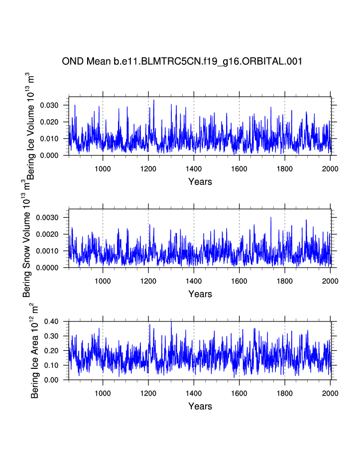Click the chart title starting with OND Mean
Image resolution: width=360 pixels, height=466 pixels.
tap(182, 61)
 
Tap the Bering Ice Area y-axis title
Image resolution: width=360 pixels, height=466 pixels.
tap(34, 350)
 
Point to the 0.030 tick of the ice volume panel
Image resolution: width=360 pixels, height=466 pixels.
tap(50, 105)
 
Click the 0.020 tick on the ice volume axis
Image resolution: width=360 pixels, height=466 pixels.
tap(50, 122)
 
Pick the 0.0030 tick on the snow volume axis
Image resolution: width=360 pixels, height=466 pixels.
tap(48, 217)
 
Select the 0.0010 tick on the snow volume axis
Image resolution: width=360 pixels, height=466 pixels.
tap(48, 251)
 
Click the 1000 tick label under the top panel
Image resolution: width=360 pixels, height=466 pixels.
tap(103, 168)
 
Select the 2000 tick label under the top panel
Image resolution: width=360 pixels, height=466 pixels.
tap(330, 168)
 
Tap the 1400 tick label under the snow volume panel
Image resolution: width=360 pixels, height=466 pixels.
tap(194, 281)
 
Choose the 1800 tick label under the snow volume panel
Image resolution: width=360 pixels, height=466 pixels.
tap(285, 281)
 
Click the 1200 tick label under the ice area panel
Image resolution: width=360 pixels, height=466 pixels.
tap(148, 393)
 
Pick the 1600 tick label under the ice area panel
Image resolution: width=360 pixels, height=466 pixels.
tap(239, 393)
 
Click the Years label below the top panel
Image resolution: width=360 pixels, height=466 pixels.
tap(200, 181)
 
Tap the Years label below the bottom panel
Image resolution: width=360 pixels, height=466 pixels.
tap(200, 406)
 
